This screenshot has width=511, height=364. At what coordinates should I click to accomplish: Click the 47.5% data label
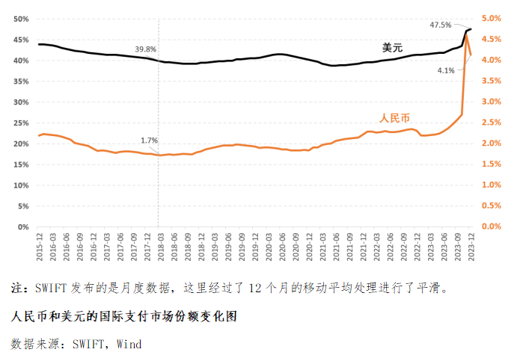point(441,25)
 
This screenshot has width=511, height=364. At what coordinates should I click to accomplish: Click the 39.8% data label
point(146,49)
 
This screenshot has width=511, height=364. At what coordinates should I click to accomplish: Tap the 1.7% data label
point(149,141)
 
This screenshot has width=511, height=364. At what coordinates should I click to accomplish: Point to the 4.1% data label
point(446,70)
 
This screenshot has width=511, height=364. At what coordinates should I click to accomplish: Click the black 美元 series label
point(393,48)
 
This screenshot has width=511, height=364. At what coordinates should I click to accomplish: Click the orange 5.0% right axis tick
point(491,19)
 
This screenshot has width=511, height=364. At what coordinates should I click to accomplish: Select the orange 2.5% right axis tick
point(491,123)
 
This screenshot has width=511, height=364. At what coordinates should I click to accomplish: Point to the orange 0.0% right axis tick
point(491,226)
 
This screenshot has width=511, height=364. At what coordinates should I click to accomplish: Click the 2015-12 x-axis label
point(40,246)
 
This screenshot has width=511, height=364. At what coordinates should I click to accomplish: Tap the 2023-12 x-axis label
point(471,246)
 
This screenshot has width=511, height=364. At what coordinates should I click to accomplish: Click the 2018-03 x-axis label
point(161,246)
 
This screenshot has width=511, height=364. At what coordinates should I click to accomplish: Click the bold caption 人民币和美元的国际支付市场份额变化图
point(124,316)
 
